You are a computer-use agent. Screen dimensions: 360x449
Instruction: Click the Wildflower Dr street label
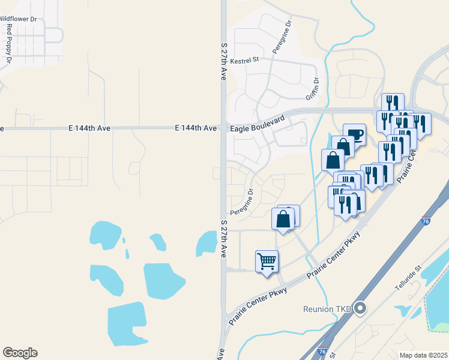[17, 19]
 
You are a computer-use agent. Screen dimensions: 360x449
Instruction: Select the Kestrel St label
[244, 60]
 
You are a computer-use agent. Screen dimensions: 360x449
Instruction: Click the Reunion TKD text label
[328, 309]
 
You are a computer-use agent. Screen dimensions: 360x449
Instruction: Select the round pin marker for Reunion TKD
[360, 308]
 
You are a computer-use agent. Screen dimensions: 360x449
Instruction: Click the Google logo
[20, 353]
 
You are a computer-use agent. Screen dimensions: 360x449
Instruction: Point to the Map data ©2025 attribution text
[423, 355]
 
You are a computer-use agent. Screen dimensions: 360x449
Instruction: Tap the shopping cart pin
[267, 262]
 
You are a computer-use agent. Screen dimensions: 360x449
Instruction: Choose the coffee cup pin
[355, 135]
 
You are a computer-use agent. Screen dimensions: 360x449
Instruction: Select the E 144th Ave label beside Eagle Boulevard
[196, 128]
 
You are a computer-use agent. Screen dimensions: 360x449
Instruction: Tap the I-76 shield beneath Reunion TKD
[322, 351]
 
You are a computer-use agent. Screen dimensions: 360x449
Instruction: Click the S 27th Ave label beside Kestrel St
[223, 61]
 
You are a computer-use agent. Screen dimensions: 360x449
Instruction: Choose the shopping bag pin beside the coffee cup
[343, 148]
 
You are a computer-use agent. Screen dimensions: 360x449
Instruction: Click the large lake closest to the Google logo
[126, 324]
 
